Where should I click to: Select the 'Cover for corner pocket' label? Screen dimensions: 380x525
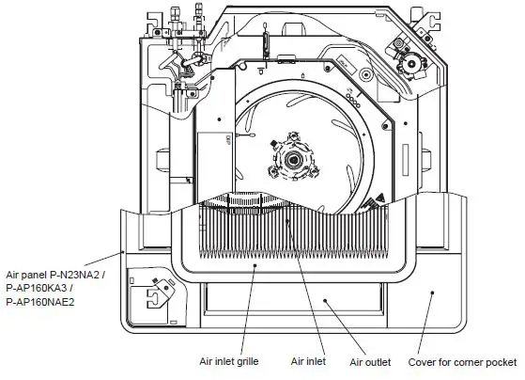click(x=462, y=360)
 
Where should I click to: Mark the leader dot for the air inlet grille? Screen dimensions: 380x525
click(x=255, y=266)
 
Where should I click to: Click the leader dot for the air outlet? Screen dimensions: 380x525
click(x=325, y=300)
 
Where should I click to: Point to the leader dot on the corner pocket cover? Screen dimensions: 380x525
click(x=432, y=293)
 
